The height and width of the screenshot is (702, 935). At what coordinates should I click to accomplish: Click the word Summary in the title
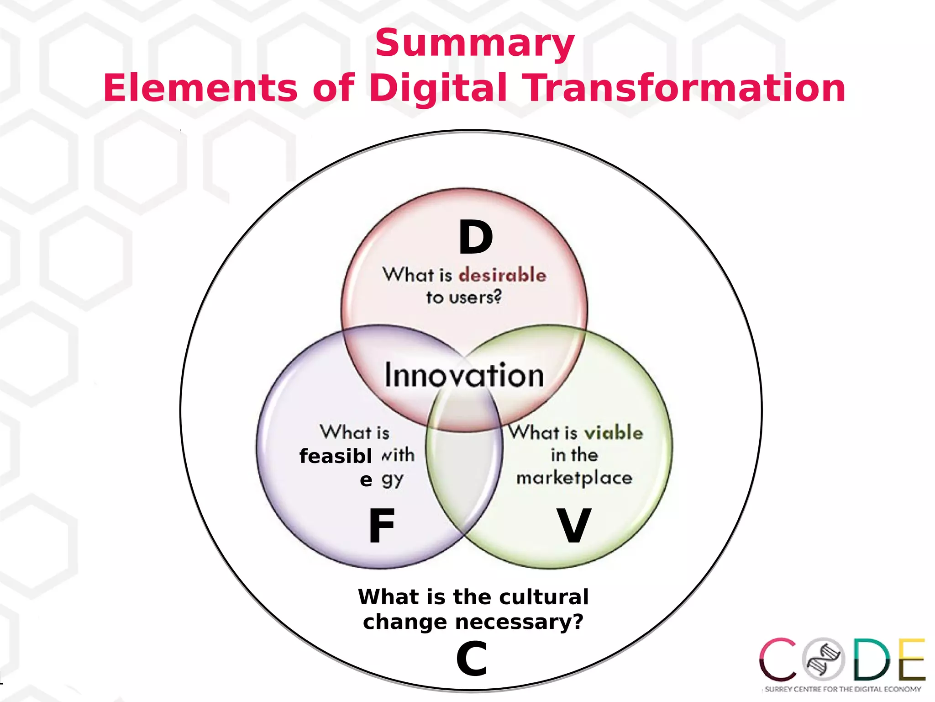(x=474, y=43)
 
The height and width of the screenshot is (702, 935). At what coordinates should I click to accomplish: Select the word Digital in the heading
(x=438, y=88)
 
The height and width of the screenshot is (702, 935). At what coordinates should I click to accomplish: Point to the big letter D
(x=476, y=238)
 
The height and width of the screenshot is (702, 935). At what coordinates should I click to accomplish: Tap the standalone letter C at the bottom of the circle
(x=472, y=659)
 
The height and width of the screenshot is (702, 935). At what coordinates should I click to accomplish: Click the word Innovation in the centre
(x=464, y=375)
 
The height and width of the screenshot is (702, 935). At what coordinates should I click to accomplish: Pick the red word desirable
(x=502, y=275)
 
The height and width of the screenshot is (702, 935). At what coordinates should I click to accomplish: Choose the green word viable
(x=614, y=432)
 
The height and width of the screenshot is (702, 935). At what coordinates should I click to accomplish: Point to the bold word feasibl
(x=336, y=456)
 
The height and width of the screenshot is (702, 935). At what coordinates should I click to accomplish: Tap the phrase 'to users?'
(x=464, y=298)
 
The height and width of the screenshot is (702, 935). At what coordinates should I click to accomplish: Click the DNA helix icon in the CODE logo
(x=824, y=659)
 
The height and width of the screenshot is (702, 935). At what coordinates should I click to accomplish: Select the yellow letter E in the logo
(x=912, y=659)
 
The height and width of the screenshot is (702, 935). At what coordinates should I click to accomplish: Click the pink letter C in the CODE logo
(x=778, y=659)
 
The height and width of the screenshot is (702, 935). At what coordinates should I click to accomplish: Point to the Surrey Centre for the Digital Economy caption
(x=843, y=689)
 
